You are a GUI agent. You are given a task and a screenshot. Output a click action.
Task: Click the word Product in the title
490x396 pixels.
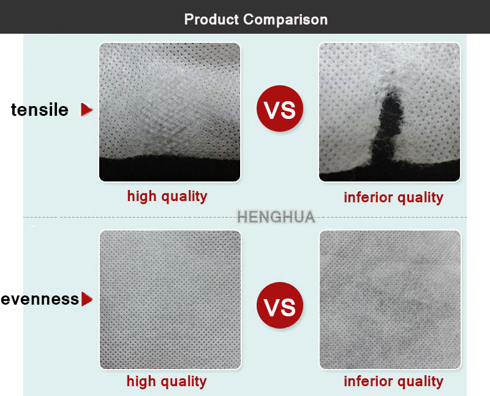(211, 20)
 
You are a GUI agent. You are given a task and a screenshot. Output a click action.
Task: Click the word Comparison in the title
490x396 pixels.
(285, 20)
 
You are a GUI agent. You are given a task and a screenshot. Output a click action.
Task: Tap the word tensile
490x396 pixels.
(40, 110)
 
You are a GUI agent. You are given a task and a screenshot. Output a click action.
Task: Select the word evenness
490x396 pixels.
(40, 299)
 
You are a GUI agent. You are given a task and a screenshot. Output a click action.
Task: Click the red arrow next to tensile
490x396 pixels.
(86, 110)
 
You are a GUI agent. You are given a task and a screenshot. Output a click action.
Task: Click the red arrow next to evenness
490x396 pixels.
(87, 299)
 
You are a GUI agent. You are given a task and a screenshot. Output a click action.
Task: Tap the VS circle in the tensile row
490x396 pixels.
(280, 109)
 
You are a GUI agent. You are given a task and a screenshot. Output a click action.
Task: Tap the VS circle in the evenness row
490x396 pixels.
(280, 305)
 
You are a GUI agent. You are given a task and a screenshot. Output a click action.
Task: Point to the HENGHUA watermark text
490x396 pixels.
(276, 217)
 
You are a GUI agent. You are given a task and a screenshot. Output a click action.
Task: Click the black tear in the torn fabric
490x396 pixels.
(388, 128)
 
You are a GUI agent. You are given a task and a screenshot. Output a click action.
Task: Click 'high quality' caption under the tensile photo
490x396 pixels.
(167, 197)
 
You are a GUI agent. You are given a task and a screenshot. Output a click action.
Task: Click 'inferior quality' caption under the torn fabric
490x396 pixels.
(393, 197)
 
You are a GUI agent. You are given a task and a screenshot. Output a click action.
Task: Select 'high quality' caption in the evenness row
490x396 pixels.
(167, 382)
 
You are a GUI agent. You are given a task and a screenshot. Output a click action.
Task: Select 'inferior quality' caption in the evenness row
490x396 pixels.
(393, 382)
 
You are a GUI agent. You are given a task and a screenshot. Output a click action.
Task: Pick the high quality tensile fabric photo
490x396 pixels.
(170, 112)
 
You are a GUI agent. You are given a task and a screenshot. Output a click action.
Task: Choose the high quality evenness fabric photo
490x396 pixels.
(170, 300)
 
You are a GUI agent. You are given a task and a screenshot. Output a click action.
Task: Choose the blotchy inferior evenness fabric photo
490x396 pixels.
(390, 300)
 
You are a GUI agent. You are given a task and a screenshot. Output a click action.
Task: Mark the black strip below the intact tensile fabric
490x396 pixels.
(170, 169)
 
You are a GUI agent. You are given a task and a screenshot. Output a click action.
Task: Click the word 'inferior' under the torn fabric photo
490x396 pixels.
(368, 197)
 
